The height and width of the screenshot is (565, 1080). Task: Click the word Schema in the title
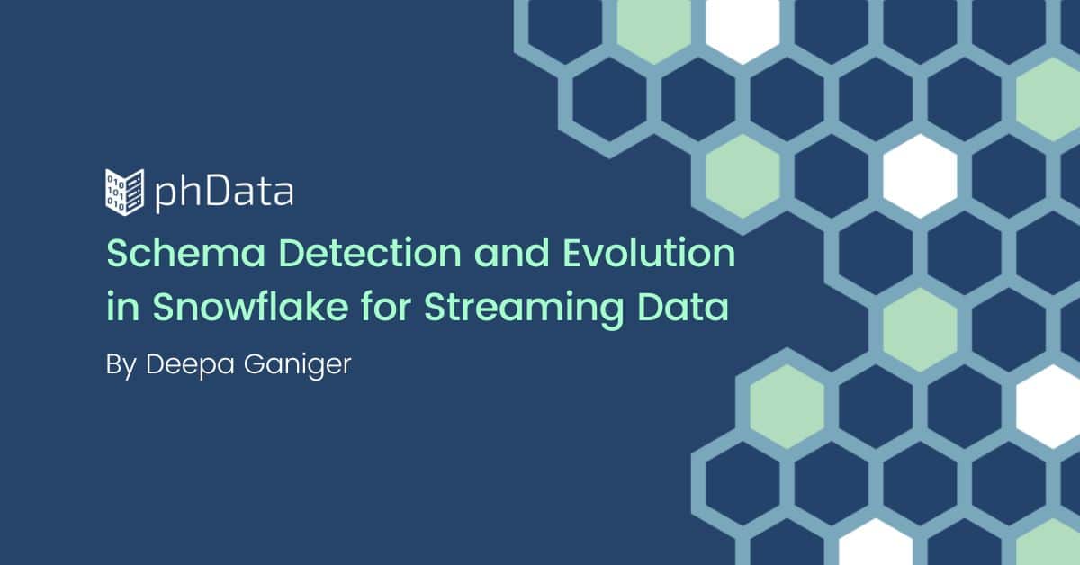pos(186,253)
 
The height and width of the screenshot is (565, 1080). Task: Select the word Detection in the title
pos(370,253)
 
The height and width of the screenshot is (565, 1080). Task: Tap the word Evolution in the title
pos(649,253)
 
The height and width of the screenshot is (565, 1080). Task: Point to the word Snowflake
pos(251,307)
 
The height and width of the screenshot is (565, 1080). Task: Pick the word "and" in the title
pos(511,253)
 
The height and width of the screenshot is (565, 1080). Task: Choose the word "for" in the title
pos(386,306)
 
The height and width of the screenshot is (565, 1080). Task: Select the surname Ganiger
pos(298,365)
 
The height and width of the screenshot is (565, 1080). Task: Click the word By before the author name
pos(121,365)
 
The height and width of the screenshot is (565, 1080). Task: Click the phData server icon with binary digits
pos(124,192)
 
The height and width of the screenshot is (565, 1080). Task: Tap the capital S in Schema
pos(119,253)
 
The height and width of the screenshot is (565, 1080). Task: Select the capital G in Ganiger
pos(255,364)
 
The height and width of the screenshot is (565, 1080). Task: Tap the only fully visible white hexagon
pos(920,176)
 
